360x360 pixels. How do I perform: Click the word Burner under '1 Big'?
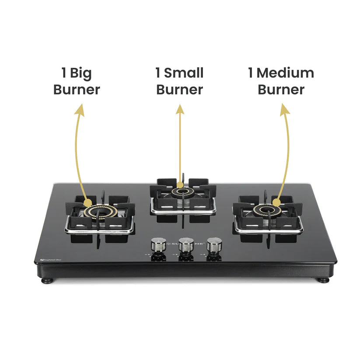pos(77,90)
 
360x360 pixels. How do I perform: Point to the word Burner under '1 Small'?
pos(179,90)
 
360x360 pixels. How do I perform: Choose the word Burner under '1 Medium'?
pos(281,90)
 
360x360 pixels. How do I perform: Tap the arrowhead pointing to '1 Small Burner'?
pos(180,109)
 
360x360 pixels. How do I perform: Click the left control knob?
pos(157,246)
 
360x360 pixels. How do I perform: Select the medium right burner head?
pos(266,211)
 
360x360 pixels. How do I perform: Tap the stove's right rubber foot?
pos(323,280)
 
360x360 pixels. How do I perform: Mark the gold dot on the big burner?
pos(88,203)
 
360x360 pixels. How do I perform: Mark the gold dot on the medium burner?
pos(276,202)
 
